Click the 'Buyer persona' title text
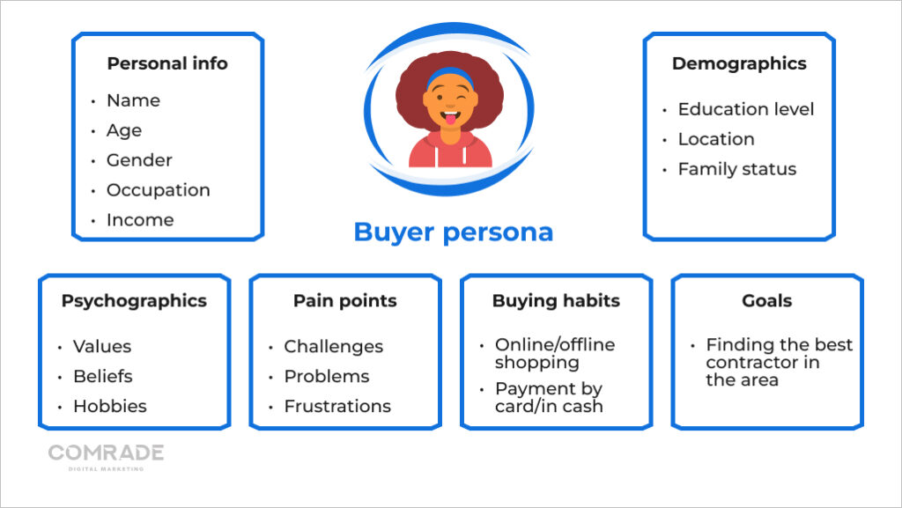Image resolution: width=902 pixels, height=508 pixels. [453, 232]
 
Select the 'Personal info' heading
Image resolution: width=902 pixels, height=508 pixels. [167, 63]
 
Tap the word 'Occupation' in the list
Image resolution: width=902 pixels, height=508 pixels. [158, 190]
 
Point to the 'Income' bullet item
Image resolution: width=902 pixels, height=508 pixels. [139, 220]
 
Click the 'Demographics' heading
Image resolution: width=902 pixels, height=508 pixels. [738, 63]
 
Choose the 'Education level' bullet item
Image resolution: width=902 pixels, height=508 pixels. [745, 109]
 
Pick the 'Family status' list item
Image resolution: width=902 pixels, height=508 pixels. [736, 169]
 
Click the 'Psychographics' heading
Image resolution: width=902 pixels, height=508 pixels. [134, 301]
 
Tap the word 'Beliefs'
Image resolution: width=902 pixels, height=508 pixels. [102, 376]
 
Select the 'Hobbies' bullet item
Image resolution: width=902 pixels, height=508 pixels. [109, 406]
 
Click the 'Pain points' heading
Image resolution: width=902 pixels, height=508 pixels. [344, 301]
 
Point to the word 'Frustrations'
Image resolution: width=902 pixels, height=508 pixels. [336, 406]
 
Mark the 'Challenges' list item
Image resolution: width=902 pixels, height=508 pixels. [333, 347]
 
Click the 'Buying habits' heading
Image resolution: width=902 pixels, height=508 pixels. [556, 301]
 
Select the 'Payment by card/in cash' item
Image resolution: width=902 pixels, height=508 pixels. [548, 397]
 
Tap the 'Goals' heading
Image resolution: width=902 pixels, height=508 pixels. [766, 301]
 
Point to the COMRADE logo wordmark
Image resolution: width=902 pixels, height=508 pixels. [106, 453]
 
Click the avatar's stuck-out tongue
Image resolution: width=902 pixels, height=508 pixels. [449, 120]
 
